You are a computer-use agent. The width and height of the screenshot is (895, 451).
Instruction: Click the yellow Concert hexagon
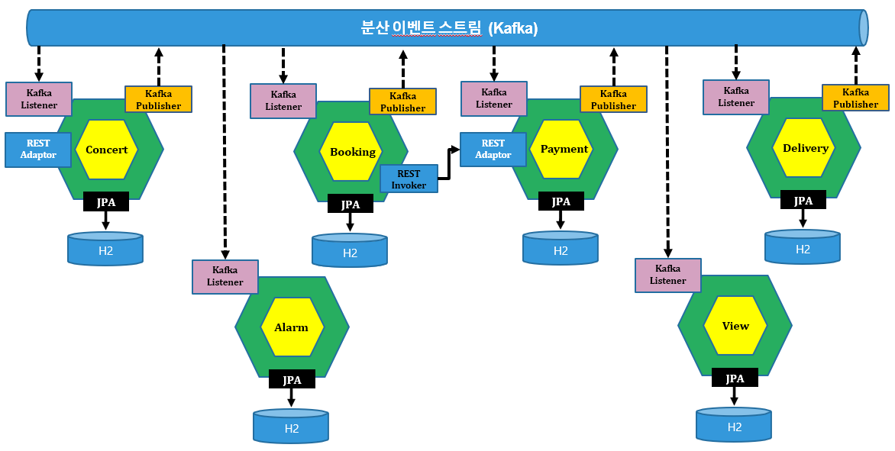(x=107, y=150)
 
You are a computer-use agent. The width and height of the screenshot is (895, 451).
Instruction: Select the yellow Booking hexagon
(x=351, y=152)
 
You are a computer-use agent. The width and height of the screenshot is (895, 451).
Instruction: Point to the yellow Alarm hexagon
(x=292, y=327)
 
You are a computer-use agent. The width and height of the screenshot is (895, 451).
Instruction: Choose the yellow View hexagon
(x=735, y=326)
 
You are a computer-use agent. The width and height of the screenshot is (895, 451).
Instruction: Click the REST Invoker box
(x=409, y=179)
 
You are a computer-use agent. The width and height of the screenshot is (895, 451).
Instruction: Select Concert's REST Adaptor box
(x=38, y=150)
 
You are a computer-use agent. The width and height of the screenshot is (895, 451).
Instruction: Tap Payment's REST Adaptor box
(x=493, y=150)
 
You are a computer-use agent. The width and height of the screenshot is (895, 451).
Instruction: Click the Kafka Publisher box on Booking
(x=402, y=101)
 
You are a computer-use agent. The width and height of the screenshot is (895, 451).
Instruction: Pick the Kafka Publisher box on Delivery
(x=855, y=98)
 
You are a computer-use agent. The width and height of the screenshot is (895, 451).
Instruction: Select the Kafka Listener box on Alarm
(x=225, y=276)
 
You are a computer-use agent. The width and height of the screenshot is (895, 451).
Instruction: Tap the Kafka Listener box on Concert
(x=39, y=98)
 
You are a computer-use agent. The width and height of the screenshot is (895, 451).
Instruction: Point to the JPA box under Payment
(x=561, y=201)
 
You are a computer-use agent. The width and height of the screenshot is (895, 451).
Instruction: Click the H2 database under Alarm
(x=291, y=426)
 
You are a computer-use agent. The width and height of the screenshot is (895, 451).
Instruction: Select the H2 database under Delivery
(x=803, y=247)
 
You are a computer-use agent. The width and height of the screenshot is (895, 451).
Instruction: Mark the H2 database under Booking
(x=350, y=250)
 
